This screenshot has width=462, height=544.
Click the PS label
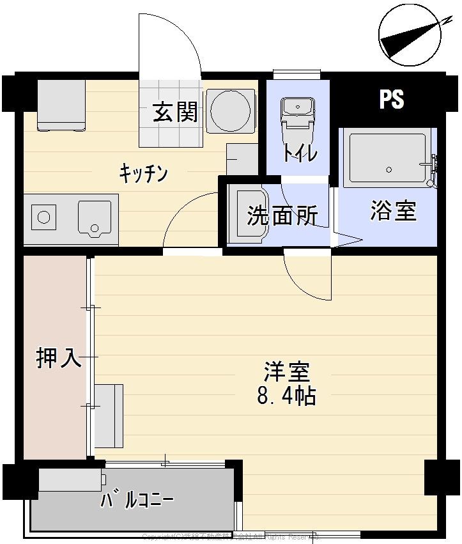(x=391, y=99)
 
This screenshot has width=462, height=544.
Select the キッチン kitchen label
(x=144, y=173)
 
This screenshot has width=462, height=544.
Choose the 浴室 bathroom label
(x=393, y=211)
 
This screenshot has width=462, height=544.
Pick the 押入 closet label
(x=59, y=358)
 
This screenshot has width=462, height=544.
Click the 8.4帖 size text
(x=286, y=396)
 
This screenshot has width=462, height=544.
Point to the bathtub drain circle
(x=388, y=169)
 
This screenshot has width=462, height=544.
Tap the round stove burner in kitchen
(x=43, y=216)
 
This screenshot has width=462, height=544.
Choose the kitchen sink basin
(x=95, y=217)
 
